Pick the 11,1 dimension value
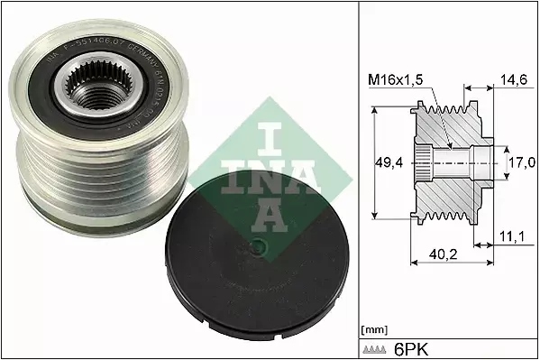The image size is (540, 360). pos(512,236)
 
